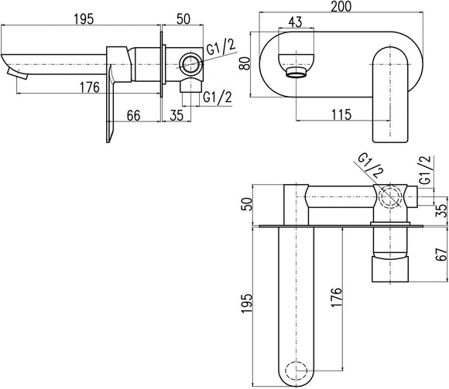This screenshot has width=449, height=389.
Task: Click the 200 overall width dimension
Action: pos(341,6)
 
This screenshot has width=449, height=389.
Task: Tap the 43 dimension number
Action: pos(295,22)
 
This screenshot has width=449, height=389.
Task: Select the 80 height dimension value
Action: pos(245,63)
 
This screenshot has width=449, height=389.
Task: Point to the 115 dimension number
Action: pos(341,114)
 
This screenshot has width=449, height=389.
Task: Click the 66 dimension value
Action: pos(134,115)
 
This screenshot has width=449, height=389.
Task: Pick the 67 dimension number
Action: pos(441,254)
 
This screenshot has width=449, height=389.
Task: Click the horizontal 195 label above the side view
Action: pos(84,19)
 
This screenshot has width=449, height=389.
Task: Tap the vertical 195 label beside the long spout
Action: pos(247,303)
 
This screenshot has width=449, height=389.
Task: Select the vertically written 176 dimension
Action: pos(336,298)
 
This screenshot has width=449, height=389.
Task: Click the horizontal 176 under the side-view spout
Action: pos(90,87)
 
